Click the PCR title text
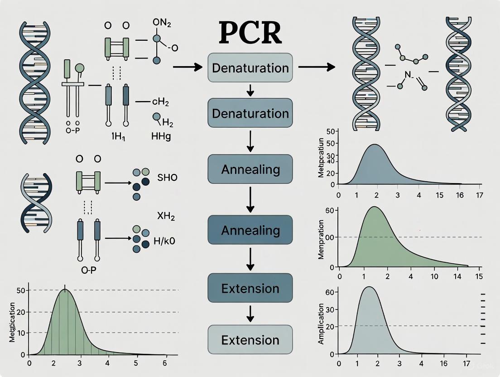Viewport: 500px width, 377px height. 250,33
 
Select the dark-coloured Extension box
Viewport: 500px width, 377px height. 250,288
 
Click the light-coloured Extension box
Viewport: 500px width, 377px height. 250,339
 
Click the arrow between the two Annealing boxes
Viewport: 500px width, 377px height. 250,200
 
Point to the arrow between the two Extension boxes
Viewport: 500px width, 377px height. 250,314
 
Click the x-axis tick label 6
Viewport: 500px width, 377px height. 165,362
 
